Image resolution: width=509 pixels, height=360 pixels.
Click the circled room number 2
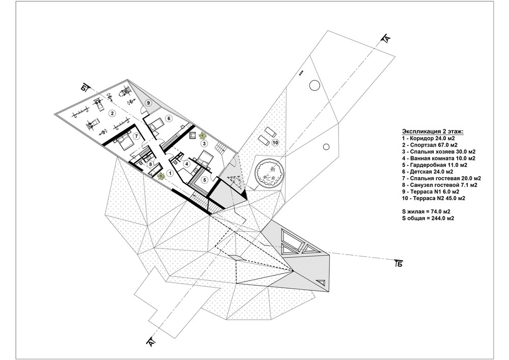tap(112, 113)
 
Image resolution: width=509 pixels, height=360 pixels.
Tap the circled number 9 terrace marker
tap(148, 103)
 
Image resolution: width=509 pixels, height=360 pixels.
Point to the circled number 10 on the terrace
tap(275, 143)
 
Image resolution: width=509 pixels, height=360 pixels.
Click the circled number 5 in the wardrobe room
tap(205, 180)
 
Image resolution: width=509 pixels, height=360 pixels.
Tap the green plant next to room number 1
tap(161, 176)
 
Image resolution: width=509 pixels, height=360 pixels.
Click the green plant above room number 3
tap(203, 135)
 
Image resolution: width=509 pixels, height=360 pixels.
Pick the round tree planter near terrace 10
tap(270, 172)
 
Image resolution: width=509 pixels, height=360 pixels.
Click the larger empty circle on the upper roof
tap(315, 86)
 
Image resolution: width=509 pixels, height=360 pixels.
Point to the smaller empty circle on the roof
tap(326, 147)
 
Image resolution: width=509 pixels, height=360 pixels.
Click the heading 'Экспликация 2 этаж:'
tap(433, 131)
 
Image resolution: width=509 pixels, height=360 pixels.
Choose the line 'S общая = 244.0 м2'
tap(428, 218)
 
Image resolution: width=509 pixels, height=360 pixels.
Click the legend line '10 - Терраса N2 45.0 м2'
tap(433, 198)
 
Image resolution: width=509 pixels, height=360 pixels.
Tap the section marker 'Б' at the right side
tap(399, 263)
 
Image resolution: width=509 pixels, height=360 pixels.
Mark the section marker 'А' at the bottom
tap(151, 342)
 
